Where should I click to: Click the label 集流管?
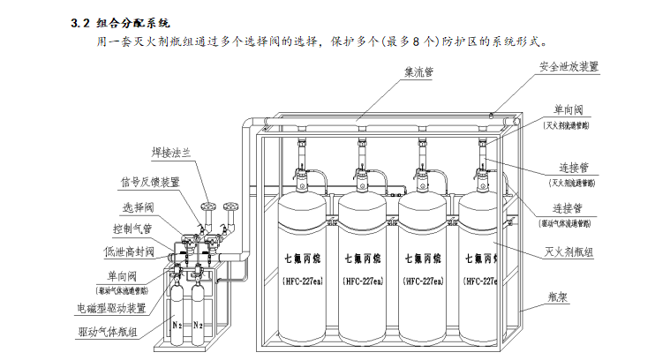(418, 73)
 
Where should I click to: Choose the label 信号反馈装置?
(150, 182)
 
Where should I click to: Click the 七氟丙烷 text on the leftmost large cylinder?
(303, 259)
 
